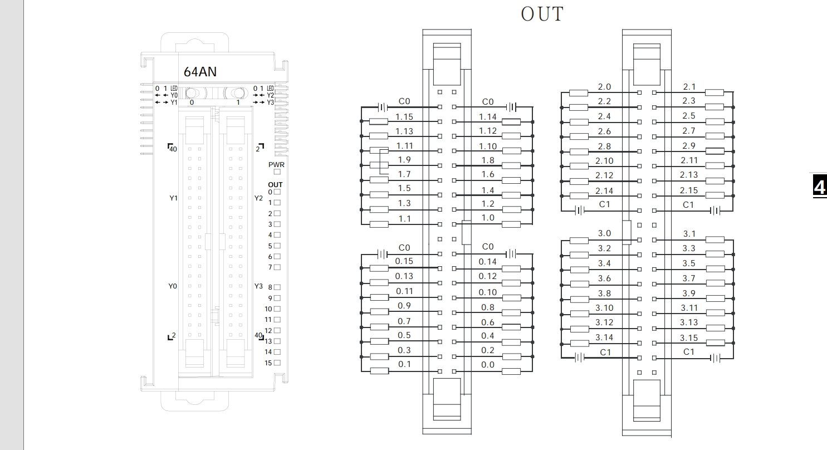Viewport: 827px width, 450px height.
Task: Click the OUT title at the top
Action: click(x=542, y=14)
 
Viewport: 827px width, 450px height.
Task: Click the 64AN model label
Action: click(x=200, y=72)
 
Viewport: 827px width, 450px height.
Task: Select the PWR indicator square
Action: click(x=277, y=173)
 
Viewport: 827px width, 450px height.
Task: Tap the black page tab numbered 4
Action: click(x=819, y=186)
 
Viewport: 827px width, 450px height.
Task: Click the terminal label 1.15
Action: click(x=404, y=116)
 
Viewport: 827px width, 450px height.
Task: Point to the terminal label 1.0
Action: click(x=487, y=218)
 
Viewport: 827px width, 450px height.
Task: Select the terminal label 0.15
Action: click(x=404, y=261)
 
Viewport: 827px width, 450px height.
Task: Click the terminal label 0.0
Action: click(x=487, y=365)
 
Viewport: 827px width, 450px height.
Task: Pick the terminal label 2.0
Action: click(x=604, y=87)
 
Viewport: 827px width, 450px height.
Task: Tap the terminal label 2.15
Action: click(x=689, y=190)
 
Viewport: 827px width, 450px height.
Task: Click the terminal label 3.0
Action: click(x=604, y=234)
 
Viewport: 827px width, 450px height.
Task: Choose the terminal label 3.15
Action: click(x=689, y=338)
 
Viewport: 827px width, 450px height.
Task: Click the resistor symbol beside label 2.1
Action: click(x=715, y=93)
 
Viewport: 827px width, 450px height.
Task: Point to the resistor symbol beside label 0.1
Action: click(x=379, y=371)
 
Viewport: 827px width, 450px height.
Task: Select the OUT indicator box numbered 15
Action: click(x=277, y=363)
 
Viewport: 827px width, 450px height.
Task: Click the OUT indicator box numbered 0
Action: click(x=277, y=192)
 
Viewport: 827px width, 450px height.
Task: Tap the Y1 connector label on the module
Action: click(x=173, y=198)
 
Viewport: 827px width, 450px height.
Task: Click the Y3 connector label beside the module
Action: click(x=258, y=286)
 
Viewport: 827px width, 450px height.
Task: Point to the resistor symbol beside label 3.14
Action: click(x=579, y=344)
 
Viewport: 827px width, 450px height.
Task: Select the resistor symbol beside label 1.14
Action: click(x=511, y=122)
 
